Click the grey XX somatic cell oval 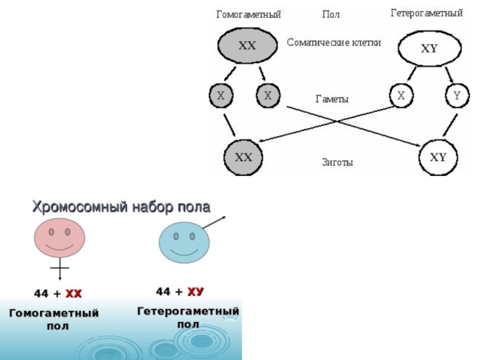pos(247,46)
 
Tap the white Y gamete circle pos(456,95)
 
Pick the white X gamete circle pos(401,95)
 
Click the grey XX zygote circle pos(243,157)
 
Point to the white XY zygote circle pos(439,157)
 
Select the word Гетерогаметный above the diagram pos(427,13)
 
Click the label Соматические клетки pos(334,43)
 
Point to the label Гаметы pos(332,100)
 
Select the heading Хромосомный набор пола pos(121,208)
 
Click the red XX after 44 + pos(73,294)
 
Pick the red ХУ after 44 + pos(196,292)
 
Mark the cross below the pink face pos(60,267)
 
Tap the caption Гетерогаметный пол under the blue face pos(188,318)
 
